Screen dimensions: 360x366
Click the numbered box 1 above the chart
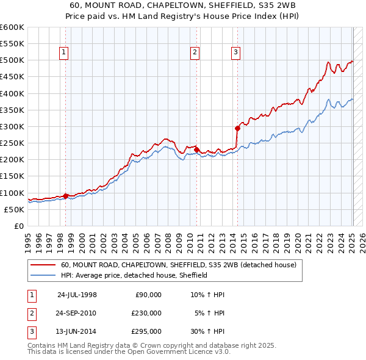coord(65,53)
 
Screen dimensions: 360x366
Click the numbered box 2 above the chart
coord(195,53)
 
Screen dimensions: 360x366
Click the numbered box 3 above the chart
coord(235,53)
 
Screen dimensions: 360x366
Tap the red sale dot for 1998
coord(65,196)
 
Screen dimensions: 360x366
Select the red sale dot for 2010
coord(196,149)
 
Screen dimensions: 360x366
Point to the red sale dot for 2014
coord(237,128)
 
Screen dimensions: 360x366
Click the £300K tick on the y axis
coord(12,126)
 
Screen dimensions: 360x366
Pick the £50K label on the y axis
coord(14,209)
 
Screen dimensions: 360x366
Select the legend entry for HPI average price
coord(134,275)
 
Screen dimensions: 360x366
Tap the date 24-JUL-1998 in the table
coord(77,295)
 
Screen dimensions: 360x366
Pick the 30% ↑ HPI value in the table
coord(207,331)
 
